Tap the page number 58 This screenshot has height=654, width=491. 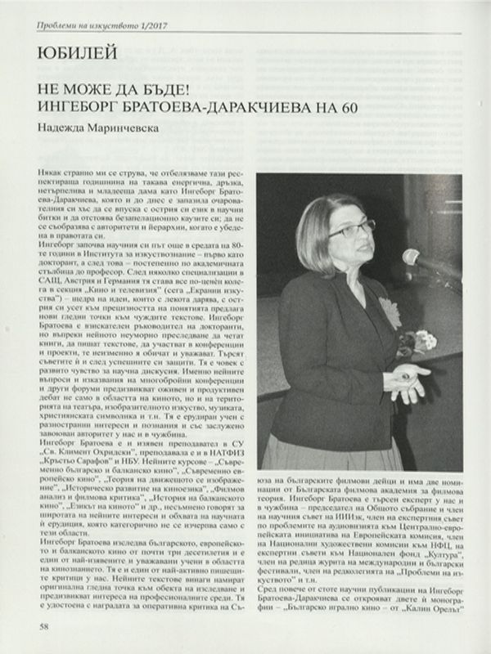pos(44,627)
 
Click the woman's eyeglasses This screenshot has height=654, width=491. pos(349,230)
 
